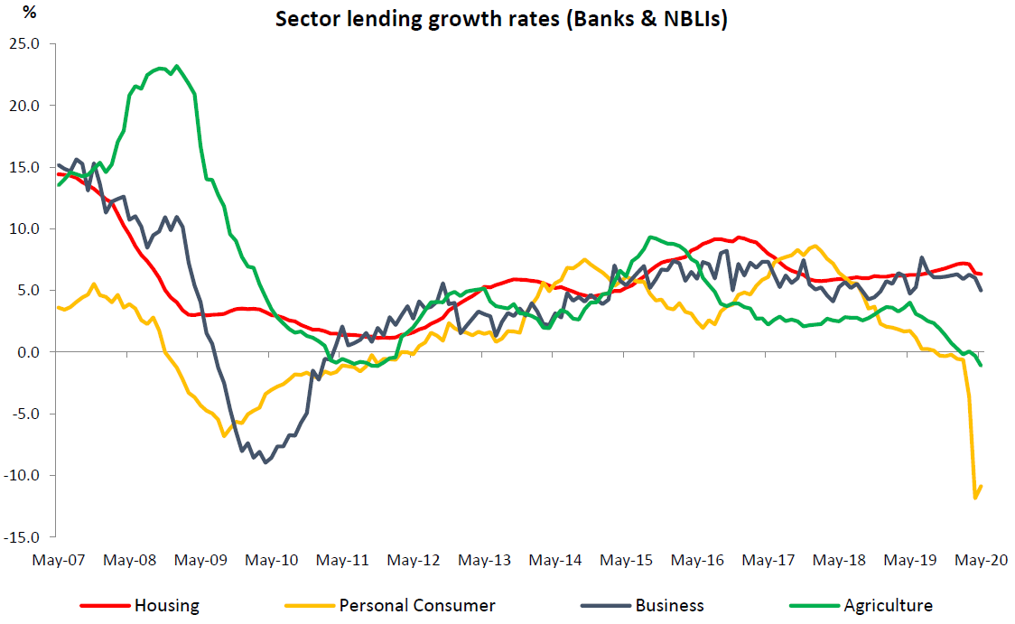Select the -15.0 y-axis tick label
point(24,537)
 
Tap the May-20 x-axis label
point(982,560)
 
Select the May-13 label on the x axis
point(484,560)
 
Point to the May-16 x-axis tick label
point(697,560)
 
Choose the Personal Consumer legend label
point(417,605)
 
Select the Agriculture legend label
point(888,605)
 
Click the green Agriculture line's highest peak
point(176,66)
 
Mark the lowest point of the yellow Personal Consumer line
point(975,498)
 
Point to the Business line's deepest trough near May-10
point(265,462)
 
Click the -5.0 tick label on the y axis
point(27,414)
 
